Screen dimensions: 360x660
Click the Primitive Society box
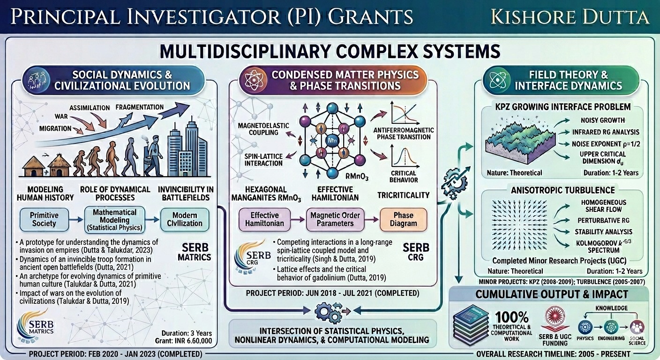click(x=44, y=219)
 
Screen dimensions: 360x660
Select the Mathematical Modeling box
click(x=114, y=219)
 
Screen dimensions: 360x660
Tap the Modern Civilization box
click(x=185, y=219)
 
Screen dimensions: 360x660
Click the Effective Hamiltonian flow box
click(x=264, y=219)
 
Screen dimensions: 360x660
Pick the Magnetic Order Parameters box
click(x=336, y=219)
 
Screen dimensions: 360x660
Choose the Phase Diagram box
click(x=404, y=219)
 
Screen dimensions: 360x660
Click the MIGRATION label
click(x=55, y=128)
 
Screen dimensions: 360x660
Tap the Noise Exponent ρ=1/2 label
click(x=606, y=143)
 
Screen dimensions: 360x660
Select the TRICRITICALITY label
click(x=404, y=195)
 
